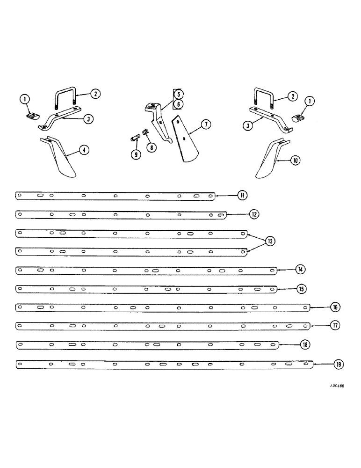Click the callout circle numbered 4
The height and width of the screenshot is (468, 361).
point(83,150)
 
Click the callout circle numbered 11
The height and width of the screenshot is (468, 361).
point(242,196)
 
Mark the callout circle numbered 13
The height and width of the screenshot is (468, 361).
point(270,241)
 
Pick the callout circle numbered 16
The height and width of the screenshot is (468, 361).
point(335,307)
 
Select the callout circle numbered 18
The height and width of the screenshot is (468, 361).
point(304,344)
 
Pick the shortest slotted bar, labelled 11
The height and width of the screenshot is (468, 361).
point(115,196)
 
